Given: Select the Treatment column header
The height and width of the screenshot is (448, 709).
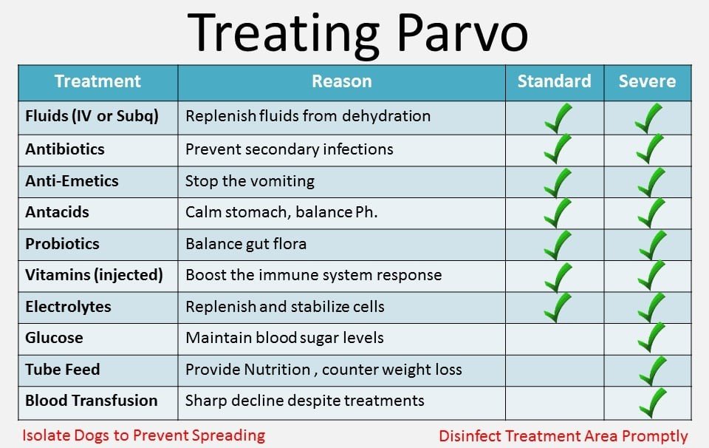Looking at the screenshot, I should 97,81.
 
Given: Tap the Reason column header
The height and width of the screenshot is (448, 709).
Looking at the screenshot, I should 341,81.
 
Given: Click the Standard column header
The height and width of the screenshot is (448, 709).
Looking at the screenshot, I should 554,81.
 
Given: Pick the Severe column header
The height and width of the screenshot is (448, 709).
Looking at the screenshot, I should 647,81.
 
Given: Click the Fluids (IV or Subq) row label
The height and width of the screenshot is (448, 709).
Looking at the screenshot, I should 92,116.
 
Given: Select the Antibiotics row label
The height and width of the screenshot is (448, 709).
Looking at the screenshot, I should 65,149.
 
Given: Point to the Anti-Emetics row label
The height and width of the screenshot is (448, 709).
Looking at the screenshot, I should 72,181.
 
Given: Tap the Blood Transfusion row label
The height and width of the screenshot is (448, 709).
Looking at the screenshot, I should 92,401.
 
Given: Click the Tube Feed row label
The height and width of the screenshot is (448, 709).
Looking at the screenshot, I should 63,370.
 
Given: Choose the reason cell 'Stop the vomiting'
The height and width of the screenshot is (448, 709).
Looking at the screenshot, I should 250,181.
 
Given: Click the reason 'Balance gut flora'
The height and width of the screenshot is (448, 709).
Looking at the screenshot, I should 245,244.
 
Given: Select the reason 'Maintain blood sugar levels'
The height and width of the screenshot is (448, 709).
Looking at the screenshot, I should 284,338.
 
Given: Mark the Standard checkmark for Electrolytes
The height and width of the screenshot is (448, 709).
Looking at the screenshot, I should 557,307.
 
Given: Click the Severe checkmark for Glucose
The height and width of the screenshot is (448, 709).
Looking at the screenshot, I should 650,338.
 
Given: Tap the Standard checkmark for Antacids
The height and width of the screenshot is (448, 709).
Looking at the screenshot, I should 557,212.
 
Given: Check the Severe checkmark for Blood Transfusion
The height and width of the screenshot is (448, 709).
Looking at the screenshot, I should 652,402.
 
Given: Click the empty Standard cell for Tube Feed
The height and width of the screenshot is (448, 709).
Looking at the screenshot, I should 555,370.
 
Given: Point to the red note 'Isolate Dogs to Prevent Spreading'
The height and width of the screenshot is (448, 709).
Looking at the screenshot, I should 143,435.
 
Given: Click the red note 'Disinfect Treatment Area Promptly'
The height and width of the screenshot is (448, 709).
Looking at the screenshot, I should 563,436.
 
